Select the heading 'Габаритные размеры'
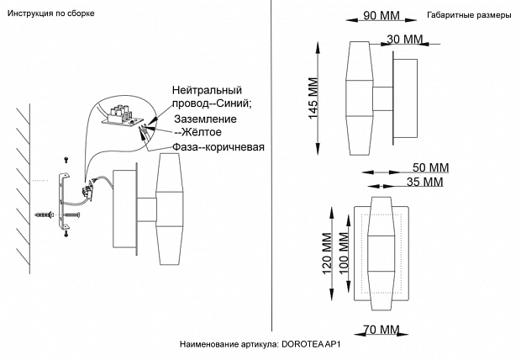pyautogui.click(x=468, y=15)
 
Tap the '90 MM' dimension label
pyautogui.click(x=382, y=16)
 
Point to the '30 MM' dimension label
pyautogui.click(x=405, y=40)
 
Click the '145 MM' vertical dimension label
pyautogui.click(x=313, y=99)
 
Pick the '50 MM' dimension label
pyautogui.click(x=431, y=167)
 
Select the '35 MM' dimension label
pyautogui.click(x=424, y=182)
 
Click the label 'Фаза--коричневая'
pyautogui.click(x=218, y=147)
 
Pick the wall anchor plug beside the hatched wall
pyautogui.click(x=45, y=215)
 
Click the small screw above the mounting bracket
pyautogui.click(x=66, y=159)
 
